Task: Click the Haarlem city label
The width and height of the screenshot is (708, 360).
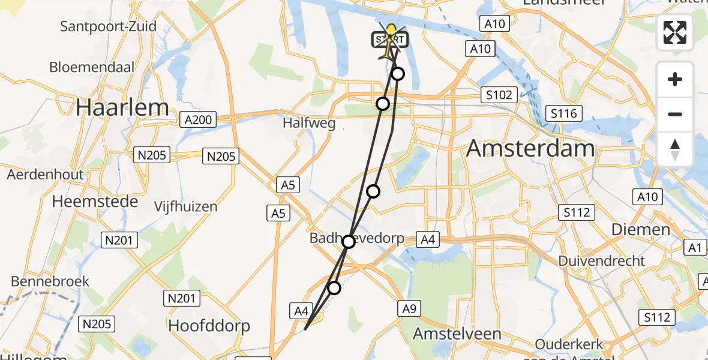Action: click(x=122, y=107)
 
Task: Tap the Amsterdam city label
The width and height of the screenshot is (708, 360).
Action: click(x=530, y=147)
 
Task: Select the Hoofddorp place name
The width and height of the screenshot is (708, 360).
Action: click(x=209, y=326)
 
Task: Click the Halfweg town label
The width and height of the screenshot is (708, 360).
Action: click(x=309, y=123)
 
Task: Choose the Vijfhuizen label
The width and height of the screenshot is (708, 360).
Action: click(x=185, y=207)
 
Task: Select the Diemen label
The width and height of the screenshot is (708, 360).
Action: click(x=640, y=229)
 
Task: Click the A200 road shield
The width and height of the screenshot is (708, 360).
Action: click(x=198, y=120)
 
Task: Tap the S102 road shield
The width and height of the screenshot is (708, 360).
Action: click(x=499, y=95)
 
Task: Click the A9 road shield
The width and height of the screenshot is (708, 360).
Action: click(x=409, y=308)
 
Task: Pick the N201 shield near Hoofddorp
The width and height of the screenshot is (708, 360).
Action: click(x=180, y=298)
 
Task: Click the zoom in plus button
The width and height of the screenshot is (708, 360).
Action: click(x=675, y=79)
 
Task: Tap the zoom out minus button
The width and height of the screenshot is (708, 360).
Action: click(x=675, y=114)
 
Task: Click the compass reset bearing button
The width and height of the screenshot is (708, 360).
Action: click(x=675, y=148)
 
